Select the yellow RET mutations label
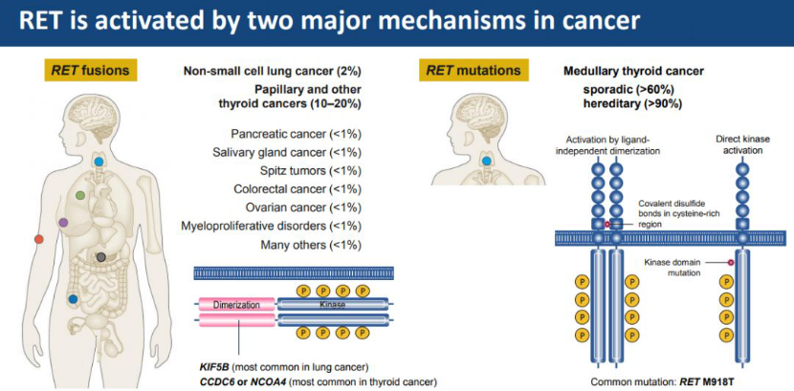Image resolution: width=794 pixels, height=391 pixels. coord(474,71)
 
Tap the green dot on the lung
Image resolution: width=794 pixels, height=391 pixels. coord(79,195)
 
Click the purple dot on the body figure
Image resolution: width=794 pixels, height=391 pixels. coord(63,222)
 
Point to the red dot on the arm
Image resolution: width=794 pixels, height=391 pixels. coord(39,239)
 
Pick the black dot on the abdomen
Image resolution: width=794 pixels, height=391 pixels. coord(100,257)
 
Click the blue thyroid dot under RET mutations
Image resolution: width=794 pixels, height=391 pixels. coord(487,161)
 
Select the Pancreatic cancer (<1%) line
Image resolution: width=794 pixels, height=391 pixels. coord(296,134)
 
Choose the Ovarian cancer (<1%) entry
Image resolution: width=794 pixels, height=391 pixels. coord(303,207)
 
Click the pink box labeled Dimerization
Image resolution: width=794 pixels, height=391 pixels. coord(236,305)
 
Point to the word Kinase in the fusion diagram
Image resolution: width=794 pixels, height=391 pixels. coord(332,305)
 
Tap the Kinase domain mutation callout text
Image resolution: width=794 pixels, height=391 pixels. coord(673,267)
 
